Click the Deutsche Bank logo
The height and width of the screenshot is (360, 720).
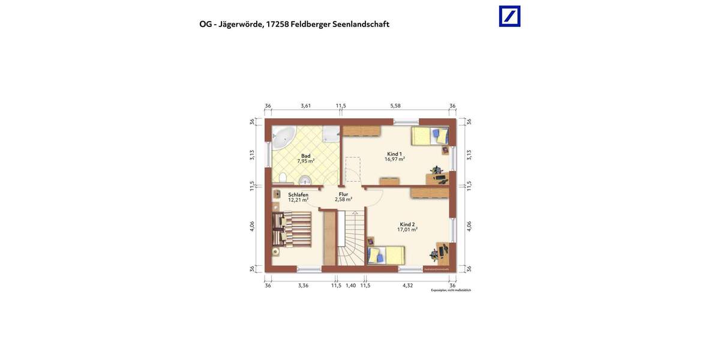[x=509, y=16]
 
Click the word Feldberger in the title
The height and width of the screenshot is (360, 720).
[x=310, y=25]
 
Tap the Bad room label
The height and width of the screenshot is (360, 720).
[x=305, y=156]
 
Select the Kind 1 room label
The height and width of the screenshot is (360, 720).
[x=394, y=154]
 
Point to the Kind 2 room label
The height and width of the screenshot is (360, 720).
[x=407, y=224]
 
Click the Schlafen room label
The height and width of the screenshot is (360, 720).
[x=298, y=195]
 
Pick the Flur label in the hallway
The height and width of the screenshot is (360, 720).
[x=343, y=194]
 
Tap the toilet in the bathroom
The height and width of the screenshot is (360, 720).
[x=282, y=178]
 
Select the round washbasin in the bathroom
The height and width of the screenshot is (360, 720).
[x=305, y=179]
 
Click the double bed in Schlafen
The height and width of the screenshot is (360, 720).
[x=292, y=228]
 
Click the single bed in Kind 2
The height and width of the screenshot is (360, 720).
[x=386, y=255]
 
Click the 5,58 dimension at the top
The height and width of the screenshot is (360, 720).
[x=395, y=106]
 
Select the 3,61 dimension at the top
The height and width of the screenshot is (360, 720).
[x=306, y=106]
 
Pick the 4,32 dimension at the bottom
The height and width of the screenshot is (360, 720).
[x=407, y=286]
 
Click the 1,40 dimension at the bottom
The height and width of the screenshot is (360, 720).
[x=351, y=286]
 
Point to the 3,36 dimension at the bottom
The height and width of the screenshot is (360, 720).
[x=303, y=286]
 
